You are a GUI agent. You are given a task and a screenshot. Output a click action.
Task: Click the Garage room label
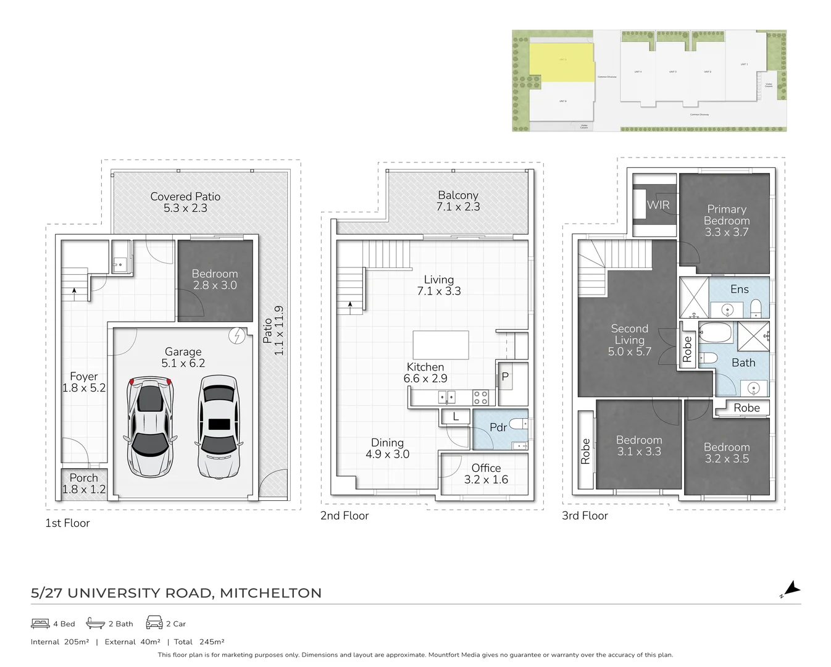183,352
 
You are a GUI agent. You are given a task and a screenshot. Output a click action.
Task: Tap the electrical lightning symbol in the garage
236,336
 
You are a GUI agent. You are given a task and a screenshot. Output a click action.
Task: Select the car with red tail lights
150,426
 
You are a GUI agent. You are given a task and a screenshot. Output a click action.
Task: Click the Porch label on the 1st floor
83,478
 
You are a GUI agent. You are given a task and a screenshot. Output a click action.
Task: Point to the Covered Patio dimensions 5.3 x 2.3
185,209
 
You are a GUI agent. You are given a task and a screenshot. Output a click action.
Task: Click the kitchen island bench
440,345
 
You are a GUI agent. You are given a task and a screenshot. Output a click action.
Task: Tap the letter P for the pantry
504,377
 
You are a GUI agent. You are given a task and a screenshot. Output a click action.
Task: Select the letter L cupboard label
456,417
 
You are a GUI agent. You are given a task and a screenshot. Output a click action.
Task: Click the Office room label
486,468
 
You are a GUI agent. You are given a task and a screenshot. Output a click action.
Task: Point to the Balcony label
457,195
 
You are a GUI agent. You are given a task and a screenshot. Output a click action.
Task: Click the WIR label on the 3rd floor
658,205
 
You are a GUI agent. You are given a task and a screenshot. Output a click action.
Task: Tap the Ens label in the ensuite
739,289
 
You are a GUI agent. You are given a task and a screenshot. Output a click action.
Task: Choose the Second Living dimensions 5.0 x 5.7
629,352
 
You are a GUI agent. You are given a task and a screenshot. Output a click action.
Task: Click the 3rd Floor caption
584,516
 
